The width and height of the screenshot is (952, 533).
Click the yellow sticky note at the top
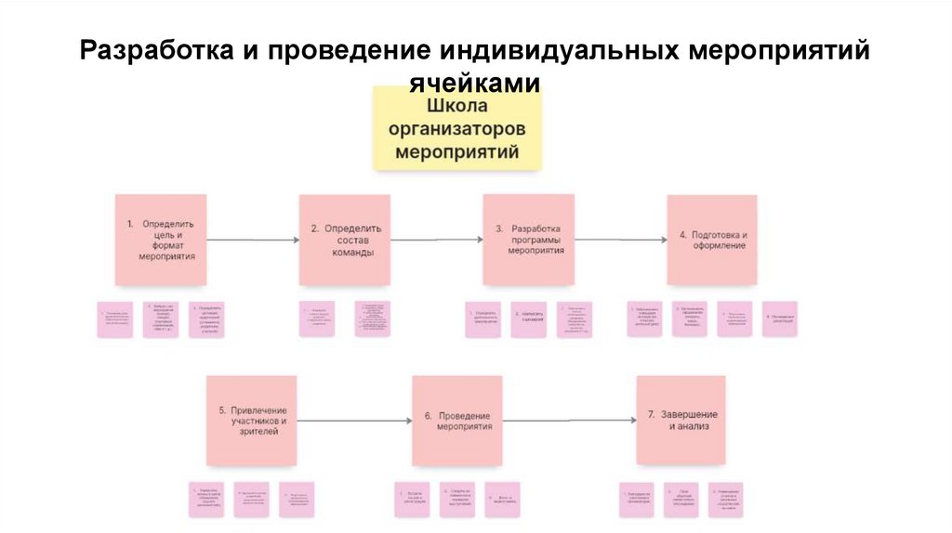[x=456, y=128]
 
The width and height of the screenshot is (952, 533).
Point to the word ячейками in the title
[x=475, y=83]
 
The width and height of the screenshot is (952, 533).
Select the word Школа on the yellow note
[x=456, y=106]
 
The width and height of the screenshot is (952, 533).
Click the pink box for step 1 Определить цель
[x=161, y=240]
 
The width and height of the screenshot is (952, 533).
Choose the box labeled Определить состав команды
[x=344, y=240]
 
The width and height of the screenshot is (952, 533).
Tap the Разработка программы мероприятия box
[x=528, y=240]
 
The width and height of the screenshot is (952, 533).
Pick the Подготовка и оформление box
[x=712, y=240]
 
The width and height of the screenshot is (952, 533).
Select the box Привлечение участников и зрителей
[x=252, y=420]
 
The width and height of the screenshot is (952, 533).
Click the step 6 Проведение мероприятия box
[x=457, y=420]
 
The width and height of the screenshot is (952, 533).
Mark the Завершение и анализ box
[x=681, y=420]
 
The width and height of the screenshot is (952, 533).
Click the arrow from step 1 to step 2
[x=252, y=240]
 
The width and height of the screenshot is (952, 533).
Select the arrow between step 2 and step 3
[x=436, y=240]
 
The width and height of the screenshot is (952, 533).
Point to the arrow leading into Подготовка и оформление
[x=620, y=240]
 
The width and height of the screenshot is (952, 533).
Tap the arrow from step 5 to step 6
[x=354, y=420]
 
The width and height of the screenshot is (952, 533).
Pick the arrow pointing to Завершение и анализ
[x=569, y=420]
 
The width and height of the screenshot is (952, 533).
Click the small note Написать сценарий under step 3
[x=528, y=318]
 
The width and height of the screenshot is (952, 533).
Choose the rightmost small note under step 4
[x=779, y=318]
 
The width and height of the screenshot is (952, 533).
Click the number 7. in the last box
[x=653, y=414]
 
